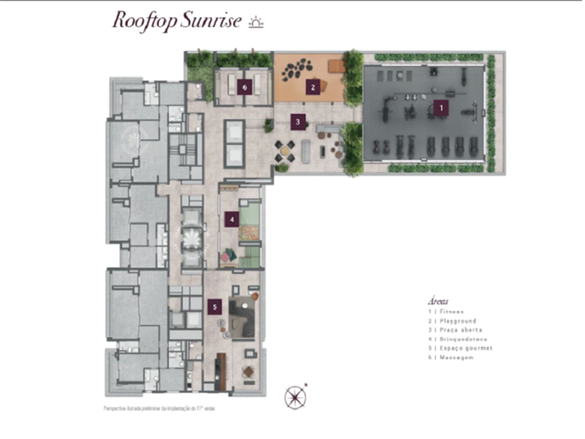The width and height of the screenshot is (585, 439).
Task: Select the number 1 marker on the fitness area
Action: [x=441, y=107]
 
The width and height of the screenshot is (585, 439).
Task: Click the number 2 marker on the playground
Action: [x=312, y=85]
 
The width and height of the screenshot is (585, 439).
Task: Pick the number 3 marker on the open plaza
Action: [x=298, y=121]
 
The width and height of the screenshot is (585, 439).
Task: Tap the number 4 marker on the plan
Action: [x=232, y=219]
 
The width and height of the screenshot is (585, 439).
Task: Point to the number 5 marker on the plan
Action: [x=214, y=306]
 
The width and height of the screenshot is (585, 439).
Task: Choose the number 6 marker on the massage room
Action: [x=243, y=85]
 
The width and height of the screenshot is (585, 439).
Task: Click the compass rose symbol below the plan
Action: [x=295, y=397]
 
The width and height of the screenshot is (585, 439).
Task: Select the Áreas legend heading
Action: [x=439, y=301]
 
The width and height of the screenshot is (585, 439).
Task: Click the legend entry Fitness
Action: [x=446, y=312]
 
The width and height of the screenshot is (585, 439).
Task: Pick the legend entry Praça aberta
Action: [x=455, y=331]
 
